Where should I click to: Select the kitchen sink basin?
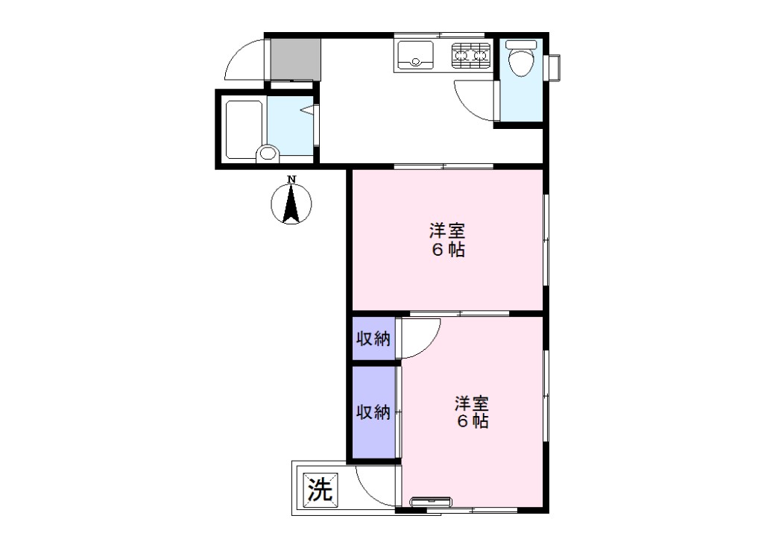(x=415, y=55)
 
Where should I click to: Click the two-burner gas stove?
(x=471, y=55)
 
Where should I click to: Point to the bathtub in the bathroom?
(x=244, y=130)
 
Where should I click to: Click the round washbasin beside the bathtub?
(x=268, y=153)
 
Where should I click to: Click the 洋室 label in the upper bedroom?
(x=447, y=230)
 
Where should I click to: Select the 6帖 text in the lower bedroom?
(x=473, y=421)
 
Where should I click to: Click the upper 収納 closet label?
(x=373, y=338)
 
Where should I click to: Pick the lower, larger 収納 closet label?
(x=373, y=412)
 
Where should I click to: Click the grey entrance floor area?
(x=296, y=59)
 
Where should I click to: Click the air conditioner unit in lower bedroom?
(x=431, y=501)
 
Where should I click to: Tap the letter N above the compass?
(x=291, y=179)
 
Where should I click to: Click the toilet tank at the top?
(x=521, y=45)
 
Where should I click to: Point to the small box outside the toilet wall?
(x=554, y=68)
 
